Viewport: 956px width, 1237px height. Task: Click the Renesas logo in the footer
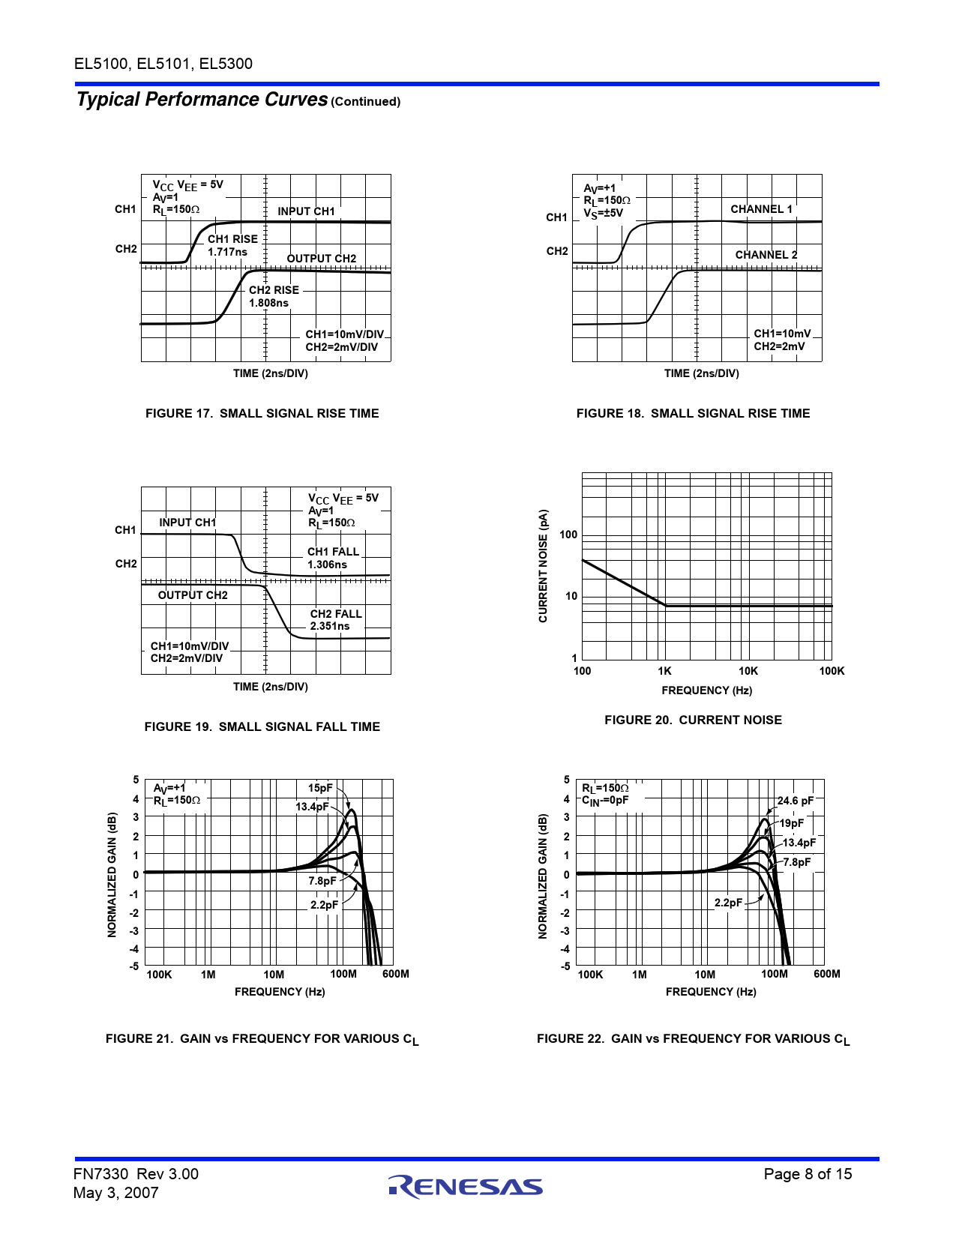click(x=465, y=1186)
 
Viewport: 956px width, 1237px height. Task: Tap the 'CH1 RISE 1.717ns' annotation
click(x=232, y=245)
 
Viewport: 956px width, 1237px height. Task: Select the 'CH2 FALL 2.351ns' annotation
click(x=335, y=619)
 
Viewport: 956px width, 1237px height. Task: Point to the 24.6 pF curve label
click(x=795, y=801)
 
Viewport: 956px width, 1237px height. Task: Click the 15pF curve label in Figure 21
click(x=320, y=788)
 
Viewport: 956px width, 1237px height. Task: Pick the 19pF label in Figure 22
click(x=791, y=823)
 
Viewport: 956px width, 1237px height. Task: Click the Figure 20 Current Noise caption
click(x=693, y=720)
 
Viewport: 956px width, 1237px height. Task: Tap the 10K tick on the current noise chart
click(x=748, y=671)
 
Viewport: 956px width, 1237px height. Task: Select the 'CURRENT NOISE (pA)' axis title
click(x=544, y=566)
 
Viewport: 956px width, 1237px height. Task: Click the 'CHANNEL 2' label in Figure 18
click(x=766, y=255)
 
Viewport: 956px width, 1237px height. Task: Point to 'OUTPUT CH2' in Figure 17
click(x=321, y=259)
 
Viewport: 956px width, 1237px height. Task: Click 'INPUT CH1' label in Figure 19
click(x=187, y=523)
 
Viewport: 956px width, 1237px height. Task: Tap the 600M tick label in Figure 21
click(x=395, y=974)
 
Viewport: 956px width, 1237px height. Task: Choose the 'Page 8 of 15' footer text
click(x=808, y=1174)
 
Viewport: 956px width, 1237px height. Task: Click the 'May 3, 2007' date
click(x=116, y=1193)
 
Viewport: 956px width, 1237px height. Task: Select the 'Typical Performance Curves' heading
click(x=202, y=100)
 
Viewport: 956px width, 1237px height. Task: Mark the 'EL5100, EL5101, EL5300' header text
click(x=163, y=64)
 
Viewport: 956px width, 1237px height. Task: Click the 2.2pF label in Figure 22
click(x=728, y=903)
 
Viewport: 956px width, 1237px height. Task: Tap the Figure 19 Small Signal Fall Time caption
click(x=262, y=726)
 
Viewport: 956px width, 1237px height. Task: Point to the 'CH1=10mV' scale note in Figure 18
click(x=782, y=334)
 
